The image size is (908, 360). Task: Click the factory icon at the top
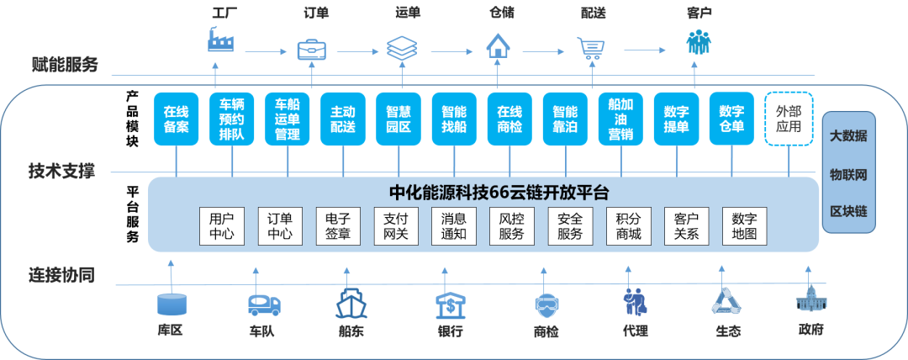(222, 40)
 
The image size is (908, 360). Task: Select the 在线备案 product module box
(177, 119)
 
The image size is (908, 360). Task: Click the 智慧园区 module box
(399, 119)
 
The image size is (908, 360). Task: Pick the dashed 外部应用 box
(789, 119)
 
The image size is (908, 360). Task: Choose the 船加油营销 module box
(621, 119)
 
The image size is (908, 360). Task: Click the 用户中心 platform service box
(222, 225)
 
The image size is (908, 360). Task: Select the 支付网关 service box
(395, 225)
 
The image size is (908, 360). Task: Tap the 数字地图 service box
(744, 225)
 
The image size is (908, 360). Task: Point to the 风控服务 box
(511, 225)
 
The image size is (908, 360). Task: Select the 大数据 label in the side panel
(848, 136)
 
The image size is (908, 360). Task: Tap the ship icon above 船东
(351, 304)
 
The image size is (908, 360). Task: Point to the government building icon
(810, 301)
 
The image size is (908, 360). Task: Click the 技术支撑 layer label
(61, 172)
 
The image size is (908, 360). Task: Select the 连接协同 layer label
(61, 275)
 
